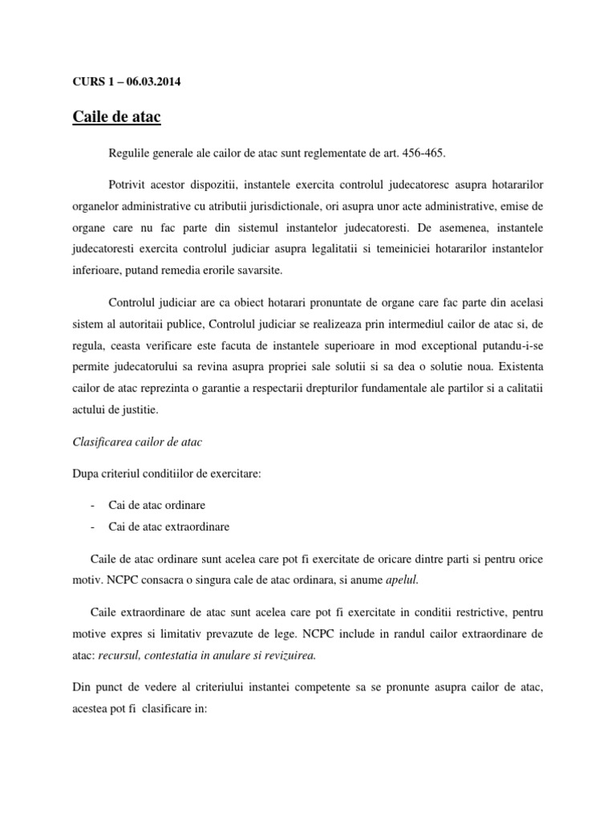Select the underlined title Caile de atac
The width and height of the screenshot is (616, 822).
[x=117, y=117]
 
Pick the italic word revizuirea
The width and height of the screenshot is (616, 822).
[x=286, y=654]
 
